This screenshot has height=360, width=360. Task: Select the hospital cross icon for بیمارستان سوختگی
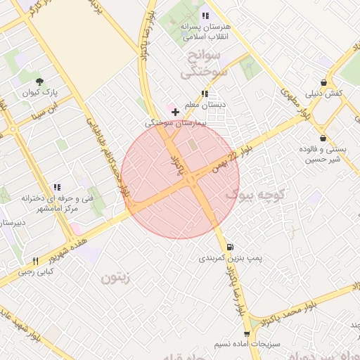click(175, 112)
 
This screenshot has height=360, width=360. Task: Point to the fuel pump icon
click(230, 247)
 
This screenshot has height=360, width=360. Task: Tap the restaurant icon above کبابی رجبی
click(35, 261)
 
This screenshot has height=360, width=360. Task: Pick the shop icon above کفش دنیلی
click(323, 82)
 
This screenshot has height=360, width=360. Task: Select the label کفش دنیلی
click(324, 94)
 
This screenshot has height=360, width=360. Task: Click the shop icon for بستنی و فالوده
click(322, 138)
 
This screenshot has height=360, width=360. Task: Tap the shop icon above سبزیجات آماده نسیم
click(247, 333)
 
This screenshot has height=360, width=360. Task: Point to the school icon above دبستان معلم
click(204, 94)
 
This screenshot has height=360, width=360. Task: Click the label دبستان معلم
click(203, 105)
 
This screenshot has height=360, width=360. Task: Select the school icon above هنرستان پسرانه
click(205, 15)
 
